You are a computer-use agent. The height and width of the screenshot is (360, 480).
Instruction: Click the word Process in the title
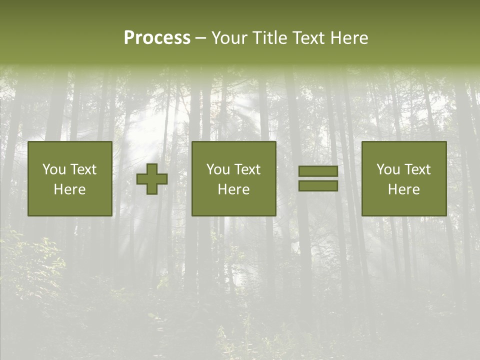[157, 38]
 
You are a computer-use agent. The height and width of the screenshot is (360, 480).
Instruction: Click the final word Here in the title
[349, 38]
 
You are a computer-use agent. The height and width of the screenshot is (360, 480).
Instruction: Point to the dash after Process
[200, 38]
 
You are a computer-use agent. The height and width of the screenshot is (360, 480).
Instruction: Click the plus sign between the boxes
[152, 179]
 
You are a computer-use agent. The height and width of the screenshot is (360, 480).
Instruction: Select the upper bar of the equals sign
[318, 171]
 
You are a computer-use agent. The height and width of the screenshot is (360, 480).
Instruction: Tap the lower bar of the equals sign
[318, 185]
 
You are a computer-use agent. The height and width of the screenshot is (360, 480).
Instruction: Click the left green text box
[69, 178]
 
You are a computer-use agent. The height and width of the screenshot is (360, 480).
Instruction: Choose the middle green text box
[233, 178]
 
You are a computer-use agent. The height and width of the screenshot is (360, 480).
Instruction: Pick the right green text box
[403, 178]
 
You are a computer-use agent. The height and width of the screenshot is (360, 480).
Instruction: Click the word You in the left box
[53, 169]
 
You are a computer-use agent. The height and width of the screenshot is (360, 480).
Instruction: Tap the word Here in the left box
[69, 189]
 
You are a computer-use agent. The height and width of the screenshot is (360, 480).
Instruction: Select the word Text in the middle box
[247, 169]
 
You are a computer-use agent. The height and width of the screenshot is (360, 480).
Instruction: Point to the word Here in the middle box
[233, 189]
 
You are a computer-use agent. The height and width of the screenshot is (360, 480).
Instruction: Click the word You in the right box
[387, 169]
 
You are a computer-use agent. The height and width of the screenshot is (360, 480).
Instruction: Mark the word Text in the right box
[417, 169]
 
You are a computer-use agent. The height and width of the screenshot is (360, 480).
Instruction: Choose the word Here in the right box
[403, 189]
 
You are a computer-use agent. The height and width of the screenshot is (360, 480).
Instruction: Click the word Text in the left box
[83, 169]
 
